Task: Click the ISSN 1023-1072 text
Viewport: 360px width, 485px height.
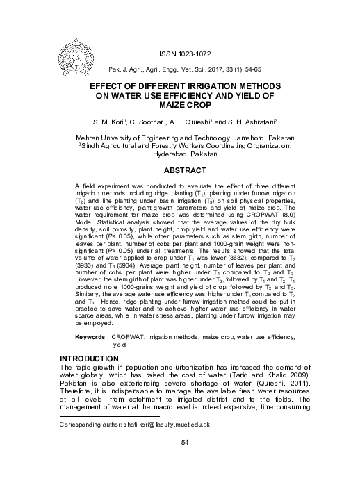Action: [x=184, y=54]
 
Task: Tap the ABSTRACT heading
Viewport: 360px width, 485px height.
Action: [x=184, y=170]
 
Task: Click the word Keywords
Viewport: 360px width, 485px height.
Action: [x=90, y=336]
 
